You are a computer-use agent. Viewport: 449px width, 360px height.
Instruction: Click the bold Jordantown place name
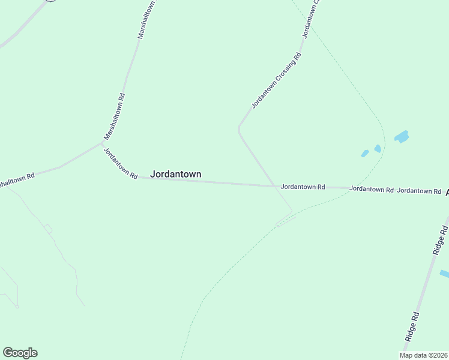[175, 174]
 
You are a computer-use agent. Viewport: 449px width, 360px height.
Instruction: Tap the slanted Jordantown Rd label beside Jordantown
[118, 163]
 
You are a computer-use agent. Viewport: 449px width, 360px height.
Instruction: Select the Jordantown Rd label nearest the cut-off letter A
[420, 191]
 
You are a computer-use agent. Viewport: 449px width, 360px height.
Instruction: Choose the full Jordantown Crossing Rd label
[276, 80]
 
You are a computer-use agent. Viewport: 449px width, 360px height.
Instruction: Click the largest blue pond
[401, 136]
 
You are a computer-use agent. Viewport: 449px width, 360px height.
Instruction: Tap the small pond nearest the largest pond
[378, 148]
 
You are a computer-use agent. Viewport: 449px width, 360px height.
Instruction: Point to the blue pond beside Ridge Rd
[445, 274]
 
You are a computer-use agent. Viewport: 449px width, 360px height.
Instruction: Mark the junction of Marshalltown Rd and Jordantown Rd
[102, 143]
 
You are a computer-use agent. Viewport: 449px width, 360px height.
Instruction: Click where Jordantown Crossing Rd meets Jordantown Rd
[275, 186]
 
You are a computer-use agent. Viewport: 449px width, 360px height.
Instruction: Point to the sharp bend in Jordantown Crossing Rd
[240, 128]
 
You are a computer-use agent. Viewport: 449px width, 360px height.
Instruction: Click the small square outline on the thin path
[48, 229]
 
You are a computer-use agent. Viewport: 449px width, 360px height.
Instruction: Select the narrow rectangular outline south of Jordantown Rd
[286, 221]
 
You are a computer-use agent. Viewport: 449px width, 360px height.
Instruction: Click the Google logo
[20, 353]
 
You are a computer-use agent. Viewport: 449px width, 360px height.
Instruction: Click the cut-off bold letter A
[447, 192]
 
